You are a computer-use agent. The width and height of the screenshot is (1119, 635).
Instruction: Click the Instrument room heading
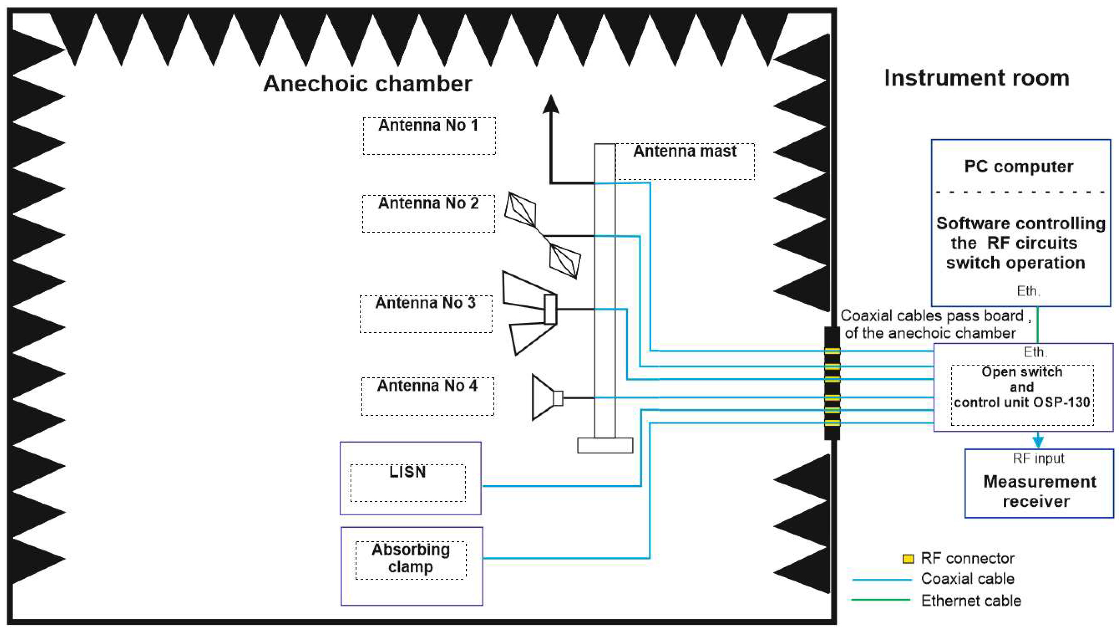click(976, 78)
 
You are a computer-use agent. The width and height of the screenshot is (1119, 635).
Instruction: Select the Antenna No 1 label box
click(429, 136)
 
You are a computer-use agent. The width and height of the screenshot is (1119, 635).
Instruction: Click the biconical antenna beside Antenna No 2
click(542, 236)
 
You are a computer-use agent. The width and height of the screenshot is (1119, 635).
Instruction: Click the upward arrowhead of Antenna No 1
click(551, 105)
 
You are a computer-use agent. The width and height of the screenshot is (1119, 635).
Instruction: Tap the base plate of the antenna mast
click(605, 445)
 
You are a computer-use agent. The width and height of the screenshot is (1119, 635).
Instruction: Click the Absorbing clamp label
click(410, 558)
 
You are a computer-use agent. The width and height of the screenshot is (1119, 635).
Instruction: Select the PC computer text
click(1019, 167)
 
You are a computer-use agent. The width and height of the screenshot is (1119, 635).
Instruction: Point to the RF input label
click(1038, 458)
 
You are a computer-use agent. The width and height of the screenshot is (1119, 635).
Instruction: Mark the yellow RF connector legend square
click(908, 559)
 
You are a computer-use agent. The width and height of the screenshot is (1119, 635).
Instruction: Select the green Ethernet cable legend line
click(880, 600)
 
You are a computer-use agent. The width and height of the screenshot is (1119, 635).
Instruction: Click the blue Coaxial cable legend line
click(881, 579)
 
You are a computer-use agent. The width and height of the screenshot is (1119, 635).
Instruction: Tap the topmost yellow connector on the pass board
click(832, 351)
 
